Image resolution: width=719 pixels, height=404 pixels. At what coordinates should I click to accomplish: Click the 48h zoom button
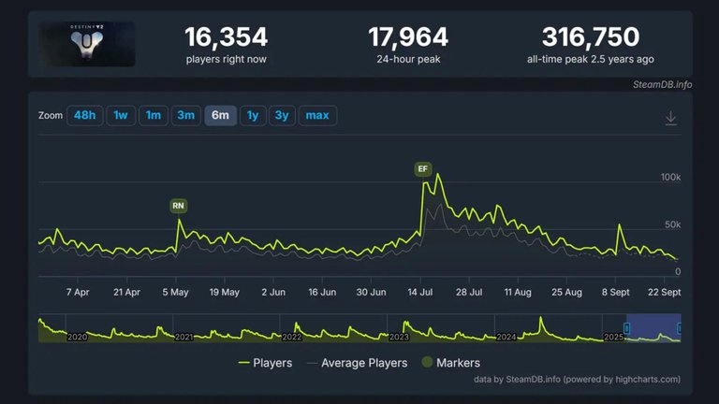(x=84, y=116)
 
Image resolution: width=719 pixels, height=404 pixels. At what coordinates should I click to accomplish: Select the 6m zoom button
(x=220, y=116)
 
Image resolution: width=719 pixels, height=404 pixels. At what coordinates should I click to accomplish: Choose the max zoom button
(x=317, y=116)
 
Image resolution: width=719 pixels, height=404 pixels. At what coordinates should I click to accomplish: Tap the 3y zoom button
(x=282, y=116)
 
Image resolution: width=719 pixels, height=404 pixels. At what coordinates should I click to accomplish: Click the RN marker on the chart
(x=178, y=205)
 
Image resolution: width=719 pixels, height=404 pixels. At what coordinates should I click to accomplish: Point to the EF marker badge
(x=423, y=169)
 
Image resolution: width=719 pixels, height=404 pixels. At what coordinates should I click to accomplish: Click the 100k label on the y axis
(x=670, y=177)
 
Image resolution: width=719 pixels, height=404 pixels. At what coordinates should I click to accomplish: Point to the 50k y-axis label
(x=672, y=224)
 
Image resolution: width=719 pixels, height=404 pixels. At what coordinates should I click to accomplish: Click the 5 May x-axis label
(x=175, y=292)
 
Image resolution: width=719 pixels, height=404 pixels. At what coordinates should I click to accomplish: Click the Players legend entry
(x=266, y=363)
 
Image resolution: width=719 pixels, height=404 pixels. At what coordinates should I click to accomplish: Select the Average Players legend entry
(x=358, y=363)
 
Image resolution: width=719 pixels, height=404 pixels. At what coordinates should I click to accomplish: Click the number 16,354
(x=226, y=37)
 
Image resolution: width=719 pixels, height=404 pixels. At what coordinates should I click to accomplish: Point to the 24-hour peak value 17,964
(x=407, y=37)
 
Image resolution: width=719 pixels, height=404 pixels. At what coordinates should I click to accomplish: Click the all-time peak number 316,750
(x=590, y=37)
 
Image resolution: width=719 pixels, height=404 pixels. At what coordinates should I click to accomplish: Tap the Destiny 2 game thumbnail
(x=87, y=44)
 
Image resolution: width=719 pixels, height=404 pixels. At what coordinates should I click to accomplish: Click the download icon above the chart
(x=670, y=118)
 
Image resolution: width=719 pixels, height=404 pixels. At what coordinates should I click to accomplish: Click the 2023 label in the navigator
(x=400, y=336)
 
